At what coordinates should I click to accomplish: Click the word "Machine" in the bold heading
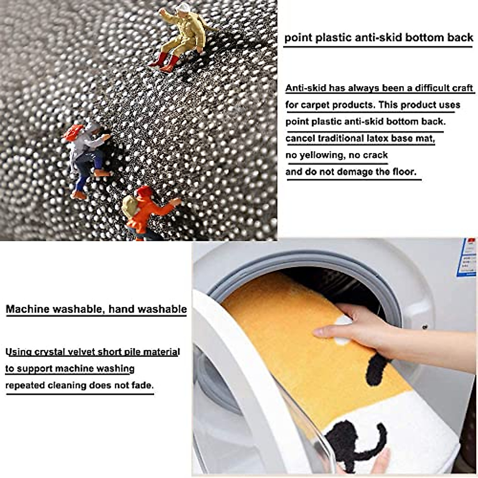pos(28,309)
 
